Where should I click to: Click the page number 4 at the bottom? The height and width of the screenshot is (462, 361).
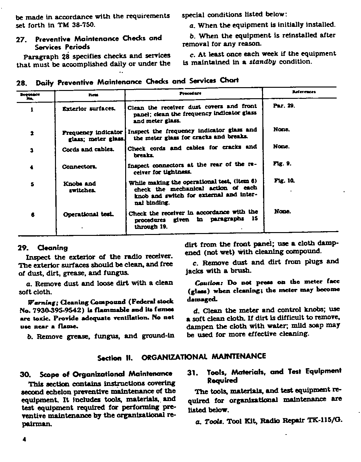coord(24,440)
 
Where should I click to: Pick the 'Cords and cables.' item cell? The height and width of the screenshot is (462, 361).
coord(88,149)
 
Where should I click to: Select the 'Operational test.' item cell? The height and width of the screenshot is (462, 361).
coord(89,214)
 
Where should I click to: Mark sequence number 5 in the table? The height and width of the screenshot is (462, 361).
coord(33,184)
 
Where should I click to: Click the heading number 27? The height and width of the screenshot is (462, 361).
coord(21,40)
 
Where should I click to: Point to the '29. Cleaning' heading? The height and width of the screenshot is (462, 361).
coord(43,248)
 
